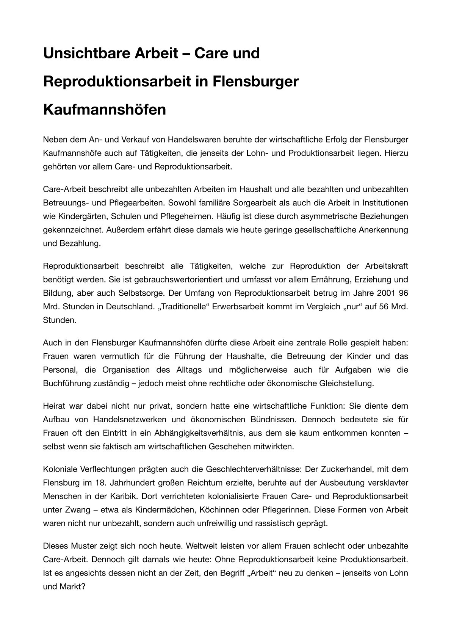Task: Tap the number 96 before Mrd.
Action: tap(403, 293)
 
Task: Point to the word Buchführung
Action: tap(65, 383)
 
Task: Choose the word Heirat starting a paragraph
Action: tap(54, 406)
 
